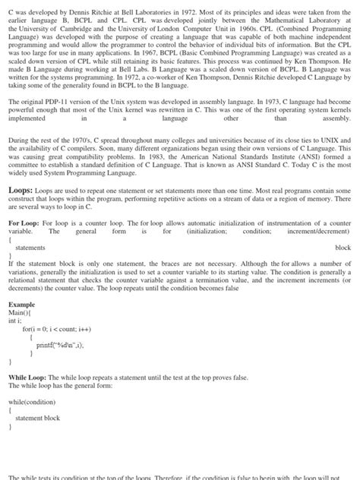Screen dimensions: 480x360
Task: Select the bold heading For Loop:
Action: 24,224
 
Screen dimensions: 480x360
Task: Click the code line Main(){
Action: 21,312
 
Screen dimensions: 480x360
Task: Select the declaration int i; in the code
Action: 16,321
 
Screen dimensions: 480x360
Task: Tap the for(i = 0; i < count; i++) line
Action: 56,329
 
